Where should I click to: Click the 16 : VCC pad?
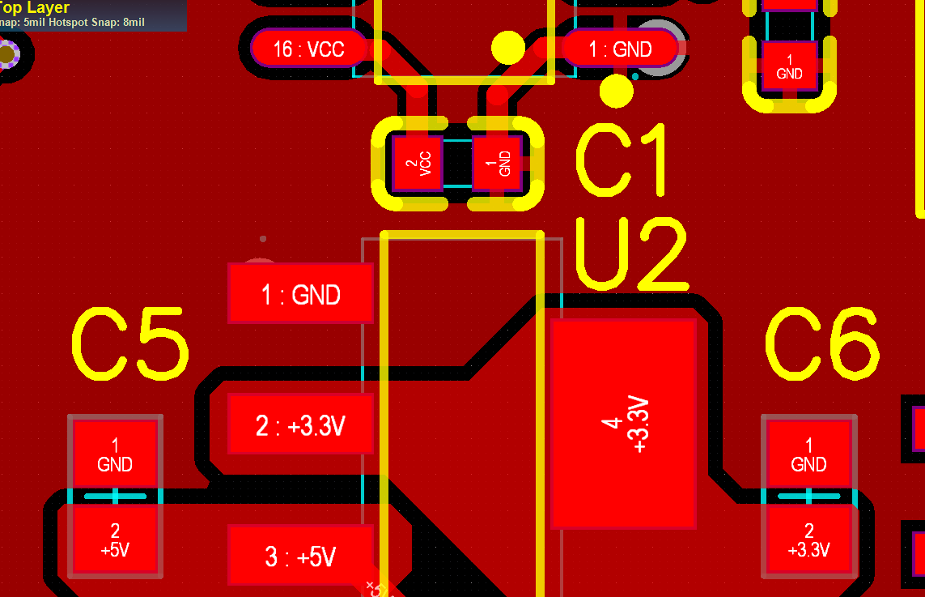[308, 49]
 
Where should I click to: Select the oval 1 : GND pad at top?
[620, 49]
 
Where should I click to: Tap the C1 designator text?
[624, 160]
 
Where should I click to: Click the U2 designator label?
[631, 254]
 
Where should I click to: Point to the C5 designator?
[129, 344]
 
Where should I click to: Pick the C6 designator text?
[822, 344]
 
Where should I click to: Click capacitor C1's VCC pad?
[418, 163]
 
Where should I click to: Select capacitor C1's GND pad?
[497, 163]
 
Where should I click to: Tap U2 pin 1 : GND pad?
[300, 293]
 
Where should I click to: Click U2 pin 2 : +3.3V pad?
[300, 424]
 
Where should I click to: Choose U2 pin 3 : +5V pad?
[300, 556]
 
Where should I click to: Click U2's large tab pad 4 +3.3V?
[623, 424]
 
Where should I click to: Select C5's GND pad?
[115, 454]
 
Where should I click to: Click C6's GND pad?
[808, 454]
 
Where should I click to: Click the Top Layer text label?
[36, 7]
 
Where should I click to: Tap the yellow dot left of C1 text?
[617, 91]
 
